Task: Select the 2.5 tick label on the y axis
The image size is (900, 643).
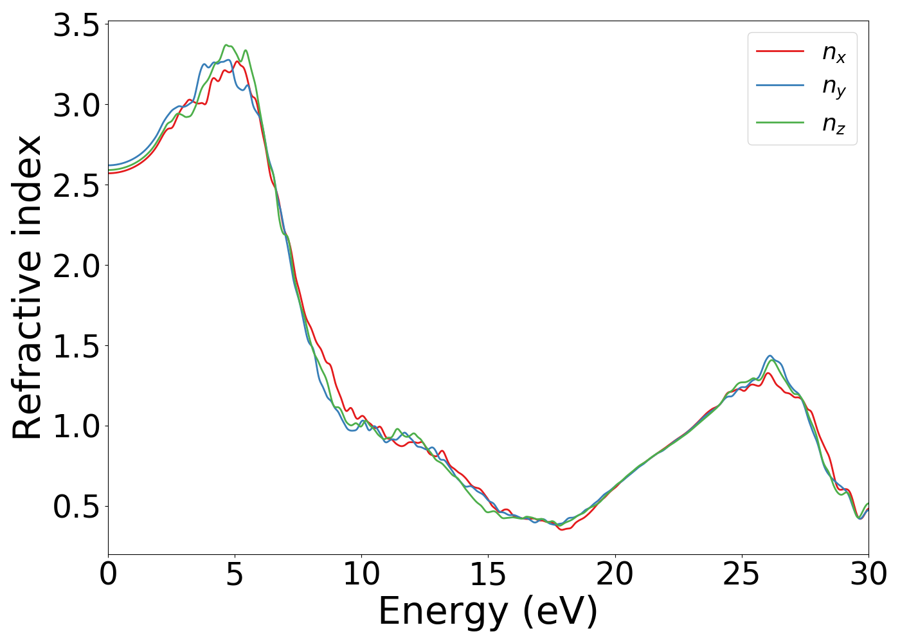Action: pyautogui.click(x=76, y=186)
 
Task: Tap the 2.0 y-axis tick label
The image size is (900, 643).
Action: pyautogui.click(x=76, y=266)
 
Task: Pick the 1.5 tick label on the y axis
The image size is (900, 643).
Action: pyautogui.click(x=76, y=347)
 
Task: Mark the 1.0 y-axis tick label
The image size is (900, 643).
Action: pyautogui.click(x=76, y=426)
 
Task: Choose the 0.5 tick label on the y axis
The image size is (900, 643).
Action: pyautogui.click(x=76, y=507)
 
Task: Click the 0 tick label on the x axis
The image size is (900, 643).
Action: pyautogui.click(x=108, y=574)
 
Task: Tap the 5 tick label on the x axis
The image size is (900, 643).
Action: pyautogui.click(x=235, y=574)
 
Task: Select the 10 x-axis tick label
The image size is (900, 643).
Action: pyautogui.click(x=361, y=574)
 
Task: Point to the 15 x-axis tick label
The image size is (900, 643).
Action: pyautogui.click(x=488, y=574)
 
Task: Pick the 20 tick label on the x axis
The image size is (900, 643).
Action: pyautogui.click(x=615, y=574)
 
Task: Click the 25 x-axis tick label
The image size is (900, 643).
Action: pyautogui.click(x=742, y=574)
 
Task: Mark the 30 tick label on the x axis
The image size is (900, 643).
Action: pyautogui.click(x=869, y=574)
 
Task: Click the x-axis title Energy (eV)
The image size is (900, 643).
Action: pyautogui.click(x=488, y=611)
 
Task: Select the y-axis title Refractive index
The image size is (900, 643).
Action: pyautogui.click(x=27, y=287)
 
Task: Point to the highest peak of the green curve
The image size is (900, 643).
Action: pyautogui.click(x=226, y=45)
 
